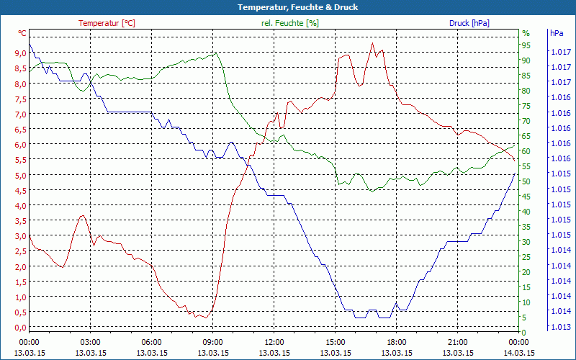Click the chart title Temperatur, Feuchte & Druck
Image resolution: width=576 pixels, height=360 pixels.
pos(287,7)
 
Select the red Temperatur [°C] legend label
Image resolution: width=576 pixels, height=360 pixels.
pos(107,23)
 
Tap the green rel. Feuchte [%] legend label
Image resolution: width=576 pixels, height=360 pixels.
pos(289,23)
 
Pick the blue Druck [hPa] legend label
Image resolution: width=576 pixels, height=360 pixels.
pos(469,23)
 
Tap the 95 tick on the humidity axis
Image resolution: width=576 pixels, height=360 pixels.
pos(526,45)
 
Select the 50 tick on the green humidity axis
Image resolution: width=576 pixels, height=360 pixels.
pos(526,181)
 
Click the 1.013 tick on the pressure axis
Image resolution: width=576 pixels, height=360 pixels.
pos(560,326)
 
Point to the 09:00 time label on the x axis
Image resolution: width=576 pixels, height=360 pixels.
pos(212,342)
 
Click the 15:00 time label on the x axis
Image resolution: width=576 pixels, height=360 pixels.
pos(335,342)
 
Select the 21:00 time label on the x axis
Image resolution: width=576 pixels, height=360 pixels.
pos(457,342)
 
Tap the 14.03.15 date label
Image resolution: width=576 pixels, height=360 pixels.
pos(518,353)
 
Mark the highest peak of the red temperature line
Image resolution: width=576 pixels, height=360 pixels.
pos(372,43)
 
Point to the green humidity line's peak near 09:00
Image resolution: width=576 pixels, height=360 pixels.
pos(215,53)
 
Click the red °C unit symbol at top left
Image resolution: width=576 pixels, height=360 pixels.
pos(22,33)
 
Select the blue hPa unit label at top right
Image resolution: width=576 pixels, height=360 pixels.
pos(557,33)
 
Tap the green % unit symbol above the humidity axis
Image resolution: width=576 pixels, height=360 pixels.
pos(526,33)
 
